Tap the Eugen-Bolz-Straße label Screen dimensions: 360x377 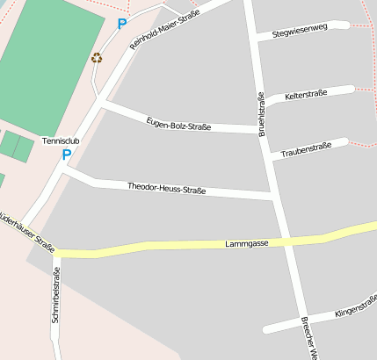[178, 123]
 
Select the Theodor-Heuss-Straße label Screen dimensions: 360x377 [166, 188]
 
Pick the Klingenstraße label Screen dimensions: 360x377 [356, 308]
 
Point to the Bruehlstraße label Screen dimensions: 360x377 [261, 114]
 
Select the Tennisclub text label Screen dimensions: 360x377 [61, 140]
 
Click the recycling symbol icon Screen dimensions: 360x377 [97, 58]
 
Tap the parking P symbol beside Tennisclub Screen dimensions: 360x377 [66, 155]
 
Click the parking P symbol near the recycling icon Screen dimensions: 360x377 [122, 25]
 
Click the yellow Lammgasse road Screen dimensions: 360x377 [176, 247]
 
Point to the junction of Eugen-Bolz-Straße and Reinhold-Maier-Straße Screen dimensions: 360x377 [105, 104]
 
